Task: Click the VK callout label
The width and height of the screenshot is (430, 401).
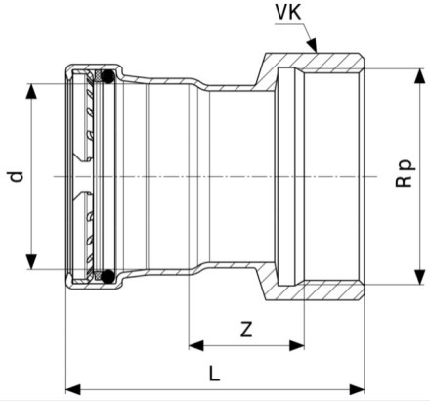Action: click(288, 12)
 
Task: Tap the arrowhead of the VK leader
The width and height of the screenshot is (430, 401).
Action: click(313, 46)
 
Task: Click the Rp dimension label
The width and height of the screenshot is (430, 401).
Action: click(406, 173)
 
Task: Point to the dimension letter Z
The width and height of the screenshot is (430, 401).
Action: click(246, 330)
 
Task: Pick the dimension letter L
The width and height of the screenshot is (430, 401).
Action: click(214, 374)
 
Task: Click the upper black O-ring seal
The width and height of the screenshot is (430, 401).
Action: click(107, 76)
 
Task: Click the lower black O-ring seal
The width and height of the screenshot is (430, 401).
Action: click(107, 276)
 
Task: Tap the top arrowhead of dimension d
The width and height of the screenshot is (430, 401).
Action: click(31, 91)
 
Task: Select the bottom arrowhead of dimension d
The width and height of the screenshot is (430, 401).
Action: click(31, 262)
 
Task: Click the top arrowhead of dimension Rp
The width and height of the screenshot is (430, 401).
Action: click(420, 75)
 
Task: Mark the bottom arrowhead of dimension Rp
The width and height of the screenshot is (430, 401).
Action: click(420, 277)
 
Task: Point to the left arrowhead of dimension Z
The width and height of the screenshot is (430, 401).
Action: click(196, 345)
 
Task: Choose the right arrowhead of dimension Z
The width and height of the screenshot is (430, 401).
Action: click(297, 345)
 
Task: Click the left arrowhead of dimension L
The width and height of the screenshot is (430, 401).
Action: click(73, 389)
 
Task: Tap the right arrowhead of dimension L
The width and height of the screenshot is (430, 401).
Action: click(357, 389)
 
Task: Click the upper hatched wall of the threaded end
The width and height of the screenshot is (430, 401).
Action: click(313, 61)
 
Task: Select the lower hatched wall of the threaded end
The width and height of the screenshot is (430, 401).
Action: click(313, 291)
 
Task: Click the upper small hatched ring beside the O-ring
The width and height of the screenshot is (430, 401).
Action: click(98, 75)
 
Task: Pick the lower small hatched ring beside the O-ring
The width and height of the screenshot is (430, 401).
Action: click(98, 277)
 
